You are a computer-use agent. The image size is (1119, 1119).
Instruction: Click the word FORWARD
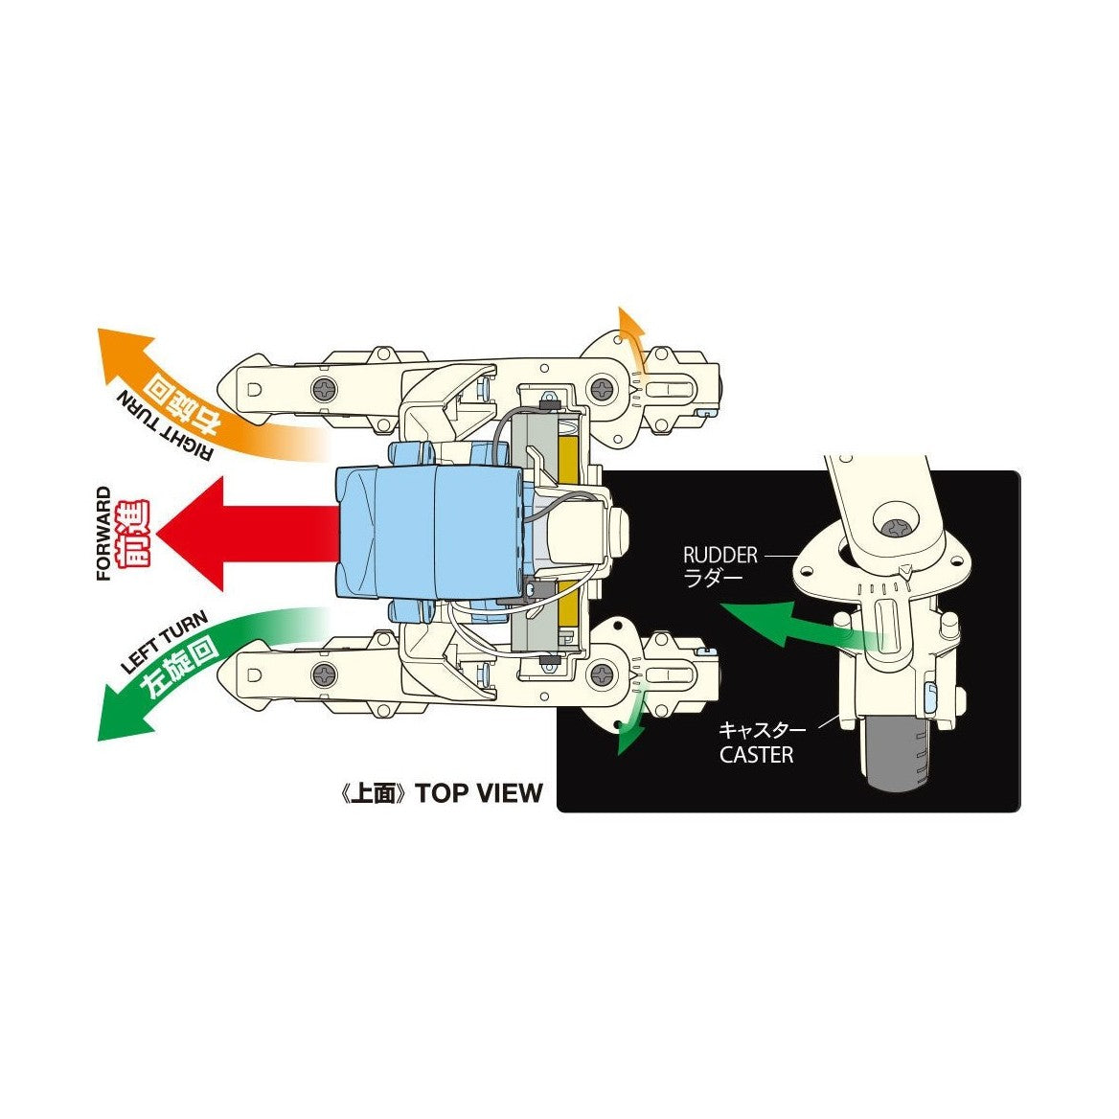click(x=104, y=534)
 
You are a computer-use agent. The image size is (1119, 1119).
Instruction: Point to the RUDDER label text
click(x=719, y=555)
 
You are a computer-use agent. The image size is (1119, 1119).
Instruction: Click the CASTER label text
click(x=756, y=755)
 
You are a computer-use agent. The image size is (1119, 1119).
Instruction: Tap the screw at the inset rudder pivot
click(x=900, y=528)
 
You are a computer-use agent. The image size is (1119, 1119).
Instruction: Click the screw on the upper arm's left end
click(x=326, y=390)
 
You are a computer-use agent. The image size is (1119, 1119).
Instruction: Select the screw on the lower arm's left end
click(x=326, y=674)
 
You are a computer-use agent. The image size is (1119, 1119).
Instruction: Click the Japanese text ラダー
click(x=716, y=578)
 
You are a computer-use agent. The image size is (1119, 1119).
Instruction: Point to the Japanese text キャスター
click(x=762, y=730)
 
